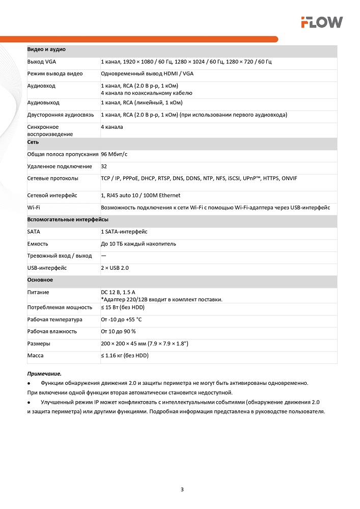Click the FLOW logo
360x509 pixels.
click(x=321, y=22)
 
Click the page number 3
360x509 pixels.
click(x=182, y=490)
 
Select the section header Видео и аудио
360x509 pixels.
click(x=46, y=49)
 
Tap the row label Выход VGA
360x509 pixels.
click(x=42, y=62)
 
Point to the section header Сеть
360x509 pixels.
click(x=33, y=143)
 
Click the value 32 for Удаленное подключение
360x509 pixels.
click(x=104, y=166)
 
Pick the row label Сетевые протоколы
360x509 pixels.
click(x=52, y=179)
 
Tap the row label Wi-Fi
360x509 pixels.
click(x=34, y=208)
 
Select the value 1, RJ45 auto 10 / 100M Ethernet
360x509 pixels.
click(x=141, y=195)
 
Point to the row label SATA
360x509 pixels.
click(x=34, y=232)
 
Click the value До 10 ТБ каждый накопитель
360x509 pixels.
click(x=139, y=244)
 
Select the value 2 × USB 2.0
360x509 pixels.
click(x=115, y=268)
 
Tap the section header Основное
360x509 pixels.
click(x=40, y=280)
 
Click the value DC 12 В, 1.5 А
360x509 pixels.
click(x=118, y=293)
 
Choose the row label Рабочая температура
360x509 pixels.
click(x=54, y=320)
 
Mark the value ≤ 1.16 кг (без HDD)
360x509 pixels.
click(x=125, y=356)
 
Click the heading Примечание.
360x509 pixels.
click(x=44, y=374)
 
